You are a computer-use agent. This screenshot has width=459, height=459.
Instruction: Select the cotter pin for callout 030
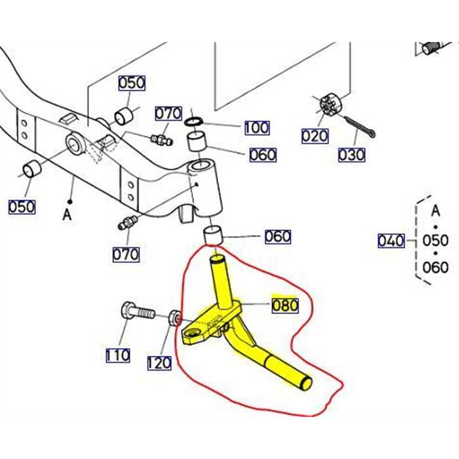359,127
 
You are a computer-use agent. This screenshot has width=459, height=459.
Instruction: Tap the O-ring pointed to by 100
193,121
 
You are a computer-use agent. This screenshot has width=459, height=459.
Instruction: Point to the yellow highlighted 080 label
285,305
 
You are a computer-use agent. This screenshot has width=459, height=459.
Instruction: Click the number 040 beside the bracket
391,241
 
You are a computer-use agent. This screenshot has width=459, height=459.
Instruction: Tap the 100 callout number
256,127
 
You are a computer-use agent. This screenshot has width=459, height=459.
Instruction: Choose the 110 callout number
118,355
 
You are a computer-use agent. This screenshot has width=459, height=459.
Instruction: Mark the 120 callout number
159,362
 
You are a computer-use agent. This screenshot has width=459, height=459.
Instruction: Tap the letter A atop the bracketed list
435,211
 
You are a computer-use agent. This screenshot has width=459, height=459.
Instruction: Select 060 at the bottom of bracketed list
435,267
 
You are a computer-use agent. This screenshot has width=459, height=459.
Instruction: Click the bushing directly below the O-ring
197,142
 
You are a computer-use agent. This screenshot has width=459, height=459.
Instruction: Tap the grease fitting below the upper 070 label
160,138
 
